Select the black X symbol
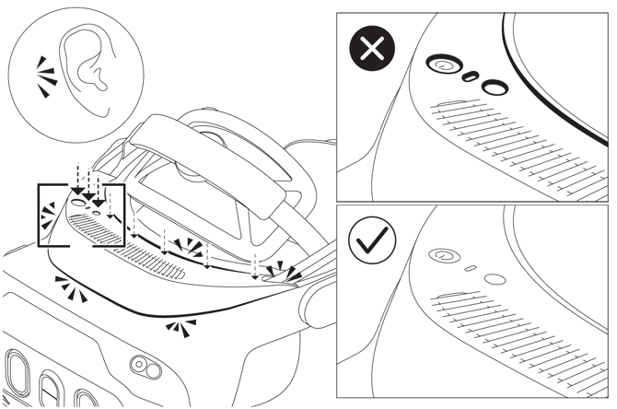pos(372,50)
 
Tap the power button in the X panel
pos(443,65)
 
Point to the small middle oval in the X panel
pos(470,76)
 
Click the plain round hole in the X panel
pos(495,88)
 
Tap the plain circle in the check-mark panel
pos(495,278)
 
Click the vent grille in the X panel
pos(516,147)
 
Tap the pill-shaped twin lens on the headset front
pos(143,365)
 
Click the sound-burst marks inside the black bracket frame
pos(47,218)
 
